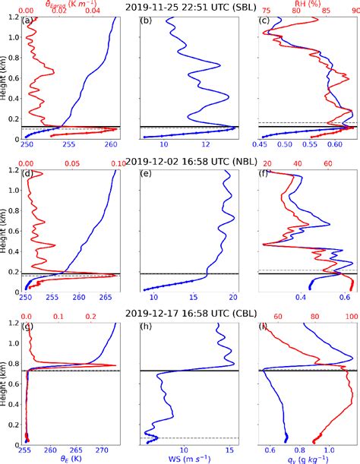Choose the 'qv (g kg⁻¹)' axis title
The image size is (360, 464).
click(310, 459)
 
